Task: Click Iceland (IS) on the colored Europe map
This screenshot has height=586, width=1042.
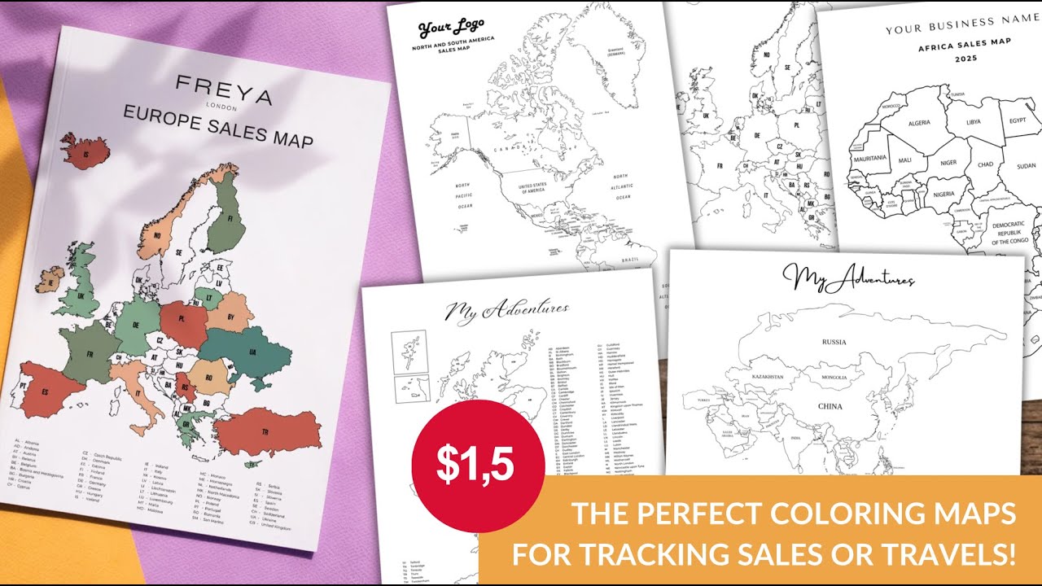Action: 85,151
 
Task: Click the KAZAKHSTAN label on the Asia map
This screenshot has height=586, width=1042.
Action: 767,377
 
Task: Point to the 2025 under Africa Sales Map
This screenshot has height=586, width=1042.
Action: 966,59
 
